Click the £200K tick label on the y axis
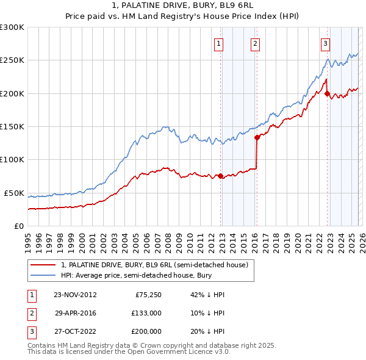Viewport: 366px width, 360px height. pos(12,93)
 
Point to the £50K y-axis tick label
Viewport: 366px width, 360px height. pos(13,193)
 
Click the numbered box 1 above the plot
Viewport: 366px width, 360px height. pos(218,43)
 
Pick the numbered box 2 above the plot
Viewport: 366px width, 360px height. pos(254,43)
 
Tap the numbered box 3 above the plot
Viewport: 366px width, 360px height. pos(325,43)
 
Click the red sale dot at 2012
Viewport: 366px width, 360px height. pos(221,176)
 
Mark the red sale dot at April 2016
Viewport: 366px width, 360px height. pos(257,138)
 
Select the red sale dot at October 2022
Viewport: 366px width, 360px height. pos(328,94)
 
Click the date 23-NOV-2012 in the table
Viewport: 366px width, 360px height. pos(75,294)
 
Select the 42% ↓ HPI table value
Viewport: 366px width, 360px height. pos(207,294)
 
